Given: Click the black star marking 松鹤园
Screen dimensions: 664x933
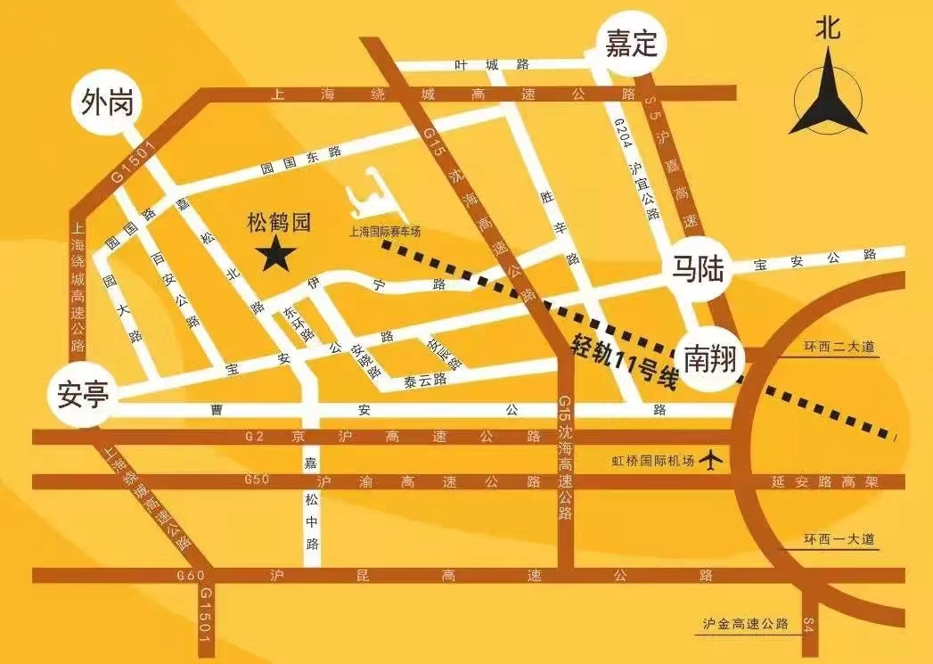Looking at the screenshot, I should coord(277,254).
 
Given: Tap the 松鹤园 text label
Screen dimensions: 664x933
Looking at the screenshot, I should coord(278,222).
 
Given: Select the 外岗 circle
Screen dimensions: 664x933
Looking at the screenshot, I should coord(107,103).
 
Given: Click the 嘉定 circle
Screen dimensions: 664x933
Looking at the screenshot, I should coord(632,45).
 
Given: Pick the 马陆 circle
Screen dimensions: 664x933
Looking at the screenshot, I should coord(700,267).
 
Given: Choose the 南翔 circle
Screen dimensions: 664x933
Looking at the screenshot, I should coord(711,356).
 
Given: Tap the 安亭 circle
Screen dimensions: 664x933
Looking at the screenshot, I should coord(82,393).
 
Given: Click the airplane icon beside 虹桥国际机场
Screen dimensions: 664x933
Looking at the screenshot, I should coord(711,460).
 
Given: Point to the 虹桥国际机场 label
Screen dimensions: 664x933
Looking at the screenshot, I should coord(652,461).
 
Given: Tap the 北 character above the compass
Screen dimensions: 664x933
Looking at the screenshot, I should coord(827,28).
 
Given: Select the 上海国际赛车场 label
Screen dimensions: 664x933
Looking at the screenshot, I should coord(384,232).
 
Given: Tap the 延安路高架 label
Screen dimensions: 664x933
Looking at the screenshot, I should coord(825,482).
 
